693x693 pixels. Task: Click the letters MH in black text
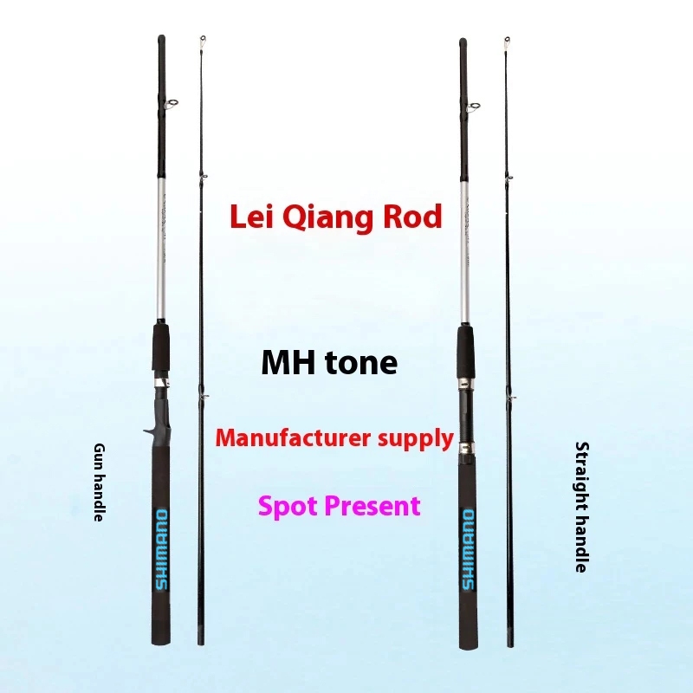pos(288,362)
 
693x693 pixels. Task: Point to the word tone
pos(361,363)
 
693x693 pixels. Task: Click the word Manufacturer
pos(293,438)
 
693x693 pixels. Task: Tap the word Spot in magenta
pos(288,507)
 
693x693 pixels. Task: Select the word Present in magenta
pos(372,506)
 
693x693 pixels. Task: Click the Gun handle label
pos(100,483)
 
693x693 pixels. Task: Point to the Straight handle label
pos(581,507)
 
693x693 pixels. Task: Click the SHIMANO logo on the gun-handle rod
pos(162,549)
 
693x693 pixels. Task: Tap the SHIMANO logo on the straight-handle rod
pos(469,549)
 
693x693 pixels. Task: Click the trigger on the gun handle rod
pos(148,430)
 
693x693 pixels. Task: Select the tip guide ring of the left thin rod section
pos(203,40)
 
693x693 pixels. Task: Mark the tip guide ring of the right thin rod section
pos(508,42)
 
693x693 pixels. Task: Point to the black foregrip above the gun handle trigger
pos(161,347)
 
